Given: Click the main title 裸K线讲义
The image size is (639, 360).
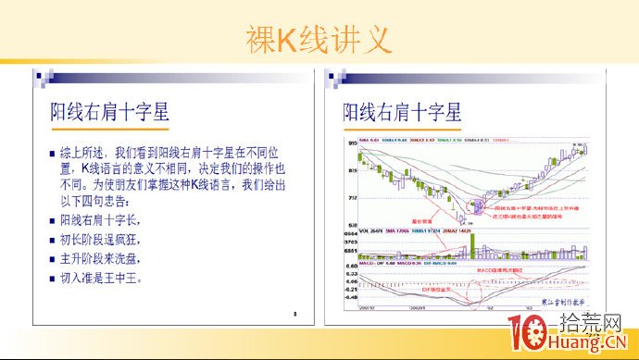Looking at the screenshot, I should pyautogui.click(x=319, y=38).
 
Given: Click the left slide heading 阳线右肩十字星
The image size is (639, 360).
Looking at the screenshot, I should pyautogui.click(x=108, y=113).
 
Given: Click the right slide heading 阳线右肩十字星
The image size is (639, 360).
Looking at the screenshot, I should pyautogui.click(x=402, y=113).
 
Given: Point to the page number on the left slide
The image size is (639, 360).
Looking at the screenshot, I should pyautogui.click(x=294, y=314).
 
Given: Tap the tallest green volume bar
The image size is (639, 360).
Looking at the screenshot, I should pyautogui.click(x=473, y=245).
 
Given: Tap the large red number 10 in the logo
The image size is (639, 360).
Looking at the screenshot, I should pyautogui.click(x=525, y=334).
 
